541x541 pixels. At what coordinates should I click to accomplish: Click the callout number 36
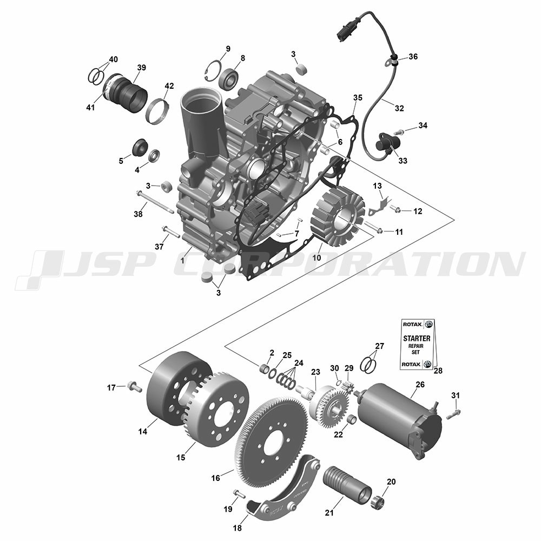coord(413,57)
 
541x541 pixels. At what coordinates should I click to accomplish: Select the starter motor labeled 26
coord(400,421)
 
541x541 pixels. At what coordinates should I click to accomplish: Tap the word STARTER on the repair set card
coord(417,339)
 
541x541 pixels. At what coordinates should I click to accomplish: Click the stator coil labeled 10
coord(338,217)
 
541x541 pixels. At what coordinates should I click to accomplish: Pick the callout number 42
coord(169,85)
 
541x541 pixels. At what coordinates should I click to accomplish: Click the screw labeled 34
coord(399,131)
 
